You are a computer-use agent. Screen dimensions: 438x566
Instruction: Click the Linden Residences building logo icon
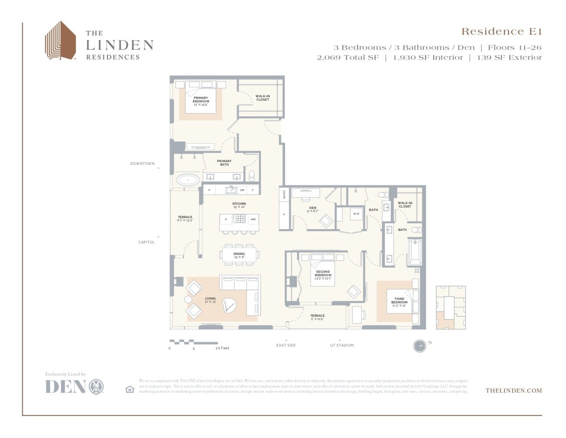(60, 41)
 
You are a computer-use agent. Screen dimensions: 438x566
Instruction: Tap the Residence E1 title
(501, 32)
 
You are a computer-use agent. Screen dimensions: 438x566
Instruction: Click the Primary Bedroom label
(201, 100)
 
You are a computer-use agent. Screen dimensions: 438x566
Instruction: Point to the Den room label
(313, 208)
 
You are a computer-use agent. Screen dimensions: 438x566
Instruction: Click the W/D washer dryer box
(356, 214)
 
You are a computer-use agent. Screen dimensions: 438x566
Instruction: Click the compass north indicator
(420, 346)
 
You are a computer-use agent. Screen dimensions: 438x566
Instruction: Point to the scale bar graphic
(194, 342)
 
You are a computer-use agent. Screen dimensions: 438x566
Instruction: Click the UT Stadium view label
(342, 346)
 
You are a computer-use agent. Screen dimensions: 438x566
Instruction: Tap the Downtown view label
(143, 164)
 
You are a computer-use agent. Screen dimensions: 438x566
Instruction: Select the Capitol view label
(147, 243)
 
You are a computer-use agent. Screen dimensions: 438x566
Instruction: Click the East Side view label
(286, 346)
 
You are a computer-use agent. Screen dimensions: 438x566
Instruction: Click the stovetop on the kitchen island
(239, 219)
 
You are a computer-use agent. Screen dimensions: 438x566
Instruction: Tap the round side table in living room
(188, 300)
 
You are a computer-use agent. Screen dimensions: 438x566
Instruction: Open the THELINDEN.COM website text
(513, 391)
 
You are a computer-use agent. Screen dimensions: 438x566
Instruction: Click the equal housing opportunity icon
(130, 389)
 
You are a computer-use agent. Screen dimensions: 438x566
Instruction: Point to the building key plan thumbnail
(451, 307)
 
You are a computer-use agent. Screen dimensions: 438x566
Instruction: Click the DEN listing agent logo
(74, 386)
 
